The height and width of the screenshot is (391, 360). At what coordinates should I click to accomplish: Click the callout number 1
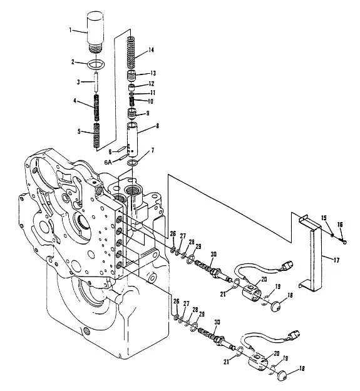[x=70, y=30]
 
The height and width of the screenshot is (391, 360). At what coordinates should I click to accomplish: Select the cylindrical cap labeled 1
[x=95, y=32]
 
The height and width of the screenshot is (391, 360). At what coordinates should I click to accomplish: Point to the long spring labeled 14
[x=131, y=53]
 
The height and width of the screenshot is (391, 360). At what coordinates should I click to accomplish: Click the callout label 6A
[x=108, y=162]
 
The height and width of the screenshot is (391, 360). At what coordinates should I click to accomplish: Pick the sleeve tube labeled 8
[x=133, y=140]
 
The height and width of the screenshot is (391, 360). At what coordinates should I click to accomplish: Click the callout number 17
[x=336, y=260]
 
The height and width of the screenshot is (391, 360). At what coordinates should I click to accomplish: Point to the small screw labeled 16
[x=342, y=240]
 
